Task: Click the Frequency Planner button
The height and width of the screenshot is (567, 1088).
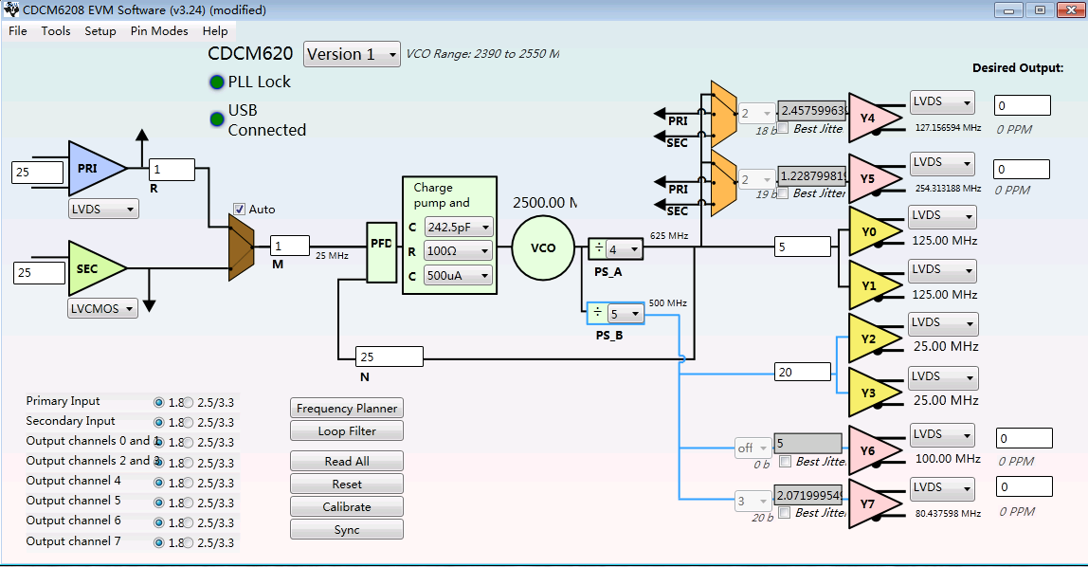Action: pos(346,409)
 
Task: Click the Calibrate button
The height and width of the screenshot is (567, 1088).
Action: pos(346,507)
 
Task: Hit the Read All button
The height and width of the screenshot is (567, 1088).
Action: pos(346,462)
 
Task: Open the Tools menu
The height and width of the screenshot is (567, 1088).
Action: pos(56,31)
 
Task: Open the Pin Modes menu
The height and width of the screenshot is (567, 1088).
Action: pos(159,31)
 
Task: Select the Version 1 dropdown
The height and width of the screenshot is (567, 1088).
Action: pos(353,54)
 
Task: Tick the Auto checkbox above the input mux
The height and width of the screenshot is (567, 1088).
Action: pos(240,210)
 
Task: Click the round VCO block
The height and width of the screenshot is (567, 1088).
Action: pos(543,247)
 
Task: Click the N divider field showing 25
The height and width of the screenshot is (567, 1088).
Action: pos(389,357)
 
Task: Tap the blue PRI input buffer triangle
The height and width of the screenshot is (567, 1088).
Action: pos(94,169)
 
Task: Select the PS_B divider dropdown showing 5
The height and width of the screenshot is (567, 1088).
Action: pos(626,314)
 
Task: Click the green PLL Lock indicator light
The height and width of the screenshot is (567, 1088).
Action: pos(216,82)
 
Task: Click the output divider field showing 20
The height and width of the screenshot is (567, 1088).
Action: pos(802,373)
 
